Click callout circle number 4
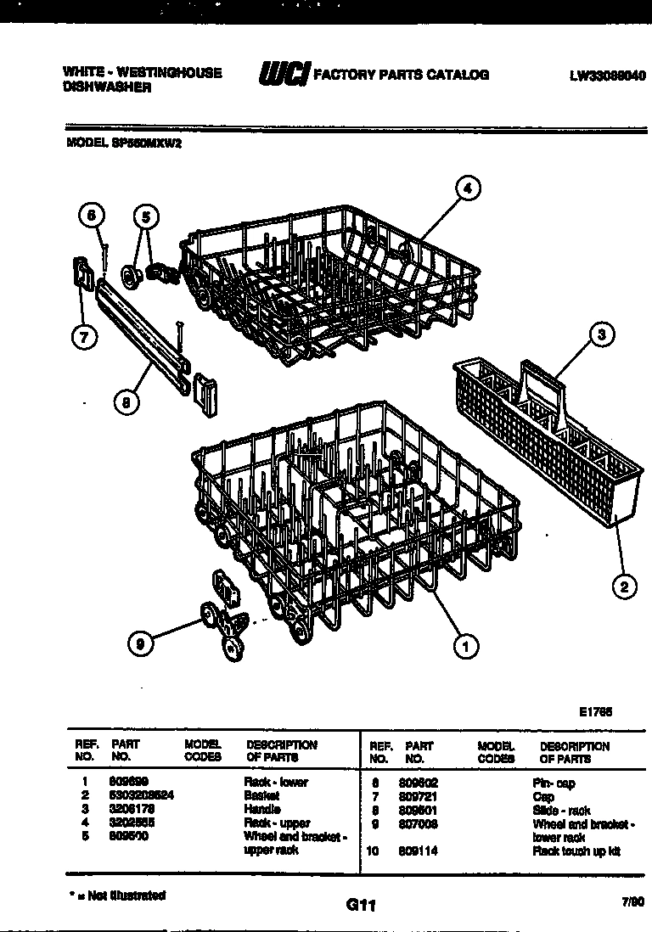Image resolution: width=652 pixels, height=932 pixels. pyautogui.click(x=469, y=188)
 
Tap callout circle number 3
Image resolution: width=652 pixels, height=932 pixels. pyautogui.click(x=600, y=334)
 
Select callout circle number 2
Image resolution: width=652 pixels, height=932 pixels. pyautogui.click(x=625, y=586)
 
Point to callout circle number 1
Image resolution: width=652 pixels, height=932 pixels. pyautogui.click(x=465, y=647)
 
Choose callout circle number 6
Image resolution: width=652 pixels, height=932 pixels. pyautogui.click(x=93, y=216)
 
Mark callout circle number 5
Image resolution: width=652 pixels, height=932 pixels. pyautogui.click(x=145, y=218)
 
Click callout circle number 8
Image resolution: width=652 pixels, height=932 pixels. pyautogui.click(x=126, y=405)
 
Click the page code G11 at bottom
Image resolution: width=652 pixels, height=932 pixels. pyautogui.click(x=360, y=906)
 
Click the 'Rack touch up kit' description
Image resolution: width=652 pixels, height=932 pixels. pyautogui.click(x=576, y=851)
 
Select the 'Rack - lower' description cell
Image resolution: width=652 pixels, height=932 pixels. pyautogui.click(x=276, y=782)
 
